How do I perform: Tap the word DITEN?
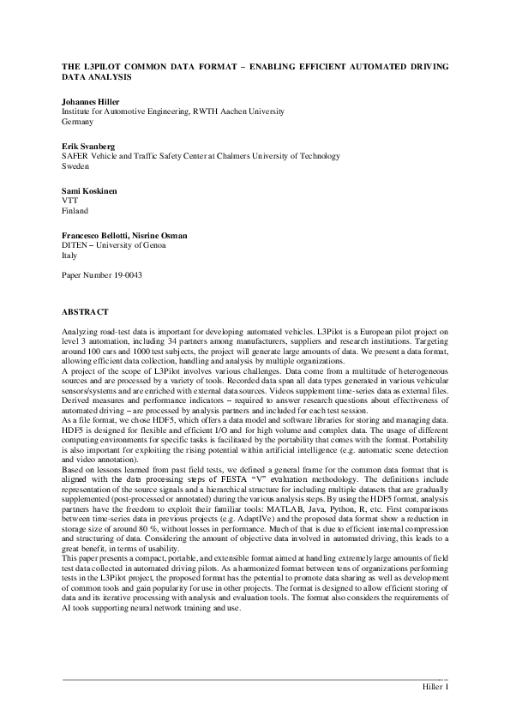click(x=76, y=245)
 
